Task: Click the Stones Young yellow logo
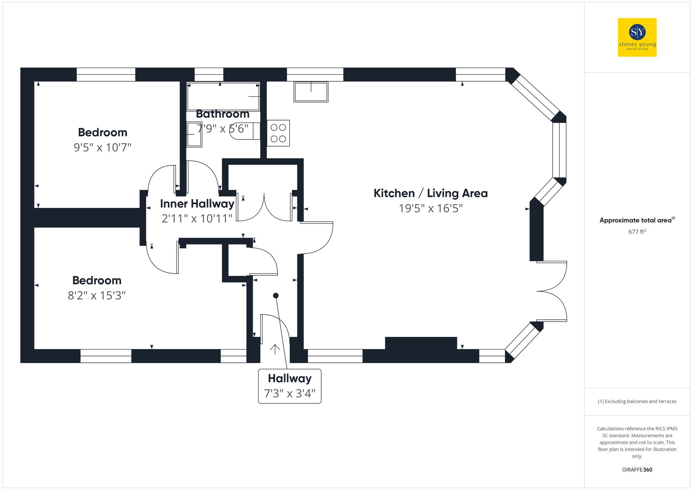pos(637,37)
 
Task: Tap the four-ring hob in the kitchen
pos(278,133)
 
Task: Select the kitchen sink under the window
pos(311,92)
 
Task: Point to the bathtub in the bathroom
pos(223,96)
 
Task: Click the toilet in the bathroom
pos(244,131)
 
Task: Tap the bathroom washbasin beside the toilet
pos(194,134)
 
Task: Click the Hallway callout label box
pos(290,386)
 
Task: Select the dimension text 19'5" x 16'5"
pos(430,208)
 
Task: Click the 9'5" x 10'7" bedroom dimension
pos(103,148)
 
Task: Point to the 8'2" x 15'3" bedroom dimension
pos(97,295)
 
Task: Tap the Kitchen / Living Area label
pos(430,193)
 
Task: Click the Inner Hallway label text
pos(197,204)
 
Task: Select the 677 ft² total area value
pos(637,232)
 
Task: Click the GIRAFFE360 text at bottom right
pos(637,470)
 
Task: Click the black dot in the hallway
pos(276,295)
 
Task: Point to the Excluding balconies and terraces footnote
pos(637,401)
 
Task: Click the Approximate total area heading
pos(637,220)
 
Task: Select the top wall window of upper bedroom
pos(106,74)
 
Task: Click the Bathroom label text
pos(222,114)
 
